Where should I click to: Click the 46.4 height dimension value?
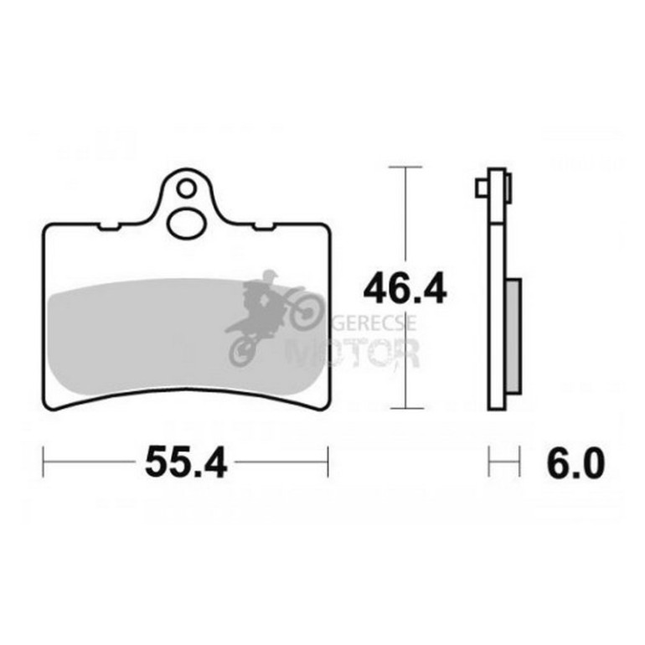[405, 288]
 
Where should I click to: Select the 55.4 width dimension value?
[186, 462]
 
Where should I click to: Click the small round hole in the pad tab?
[186, 188]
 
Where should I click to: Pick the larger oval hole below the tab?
[186, 224]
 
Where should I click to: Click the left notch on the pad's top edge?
[108, 226]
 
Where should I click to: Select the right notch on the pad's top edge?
[264, 226]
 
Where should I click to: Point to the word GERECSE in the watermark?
[374, 323]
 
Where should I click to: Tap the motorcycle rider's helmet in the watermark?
[270, 276]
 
